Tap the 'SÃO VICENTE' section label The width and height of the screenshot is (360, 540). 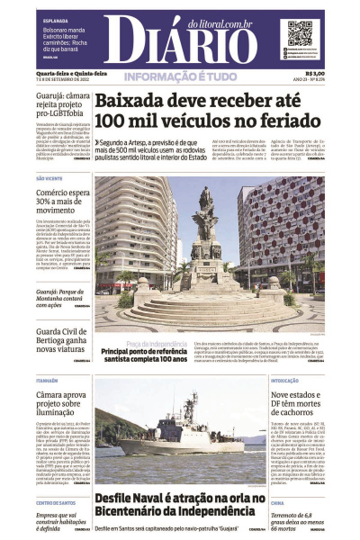(50, 178)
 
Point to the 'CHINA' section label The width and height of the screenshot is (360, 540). (278, 503)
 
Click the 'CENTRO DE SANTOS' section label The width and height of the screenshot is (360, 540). (56, 503)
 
